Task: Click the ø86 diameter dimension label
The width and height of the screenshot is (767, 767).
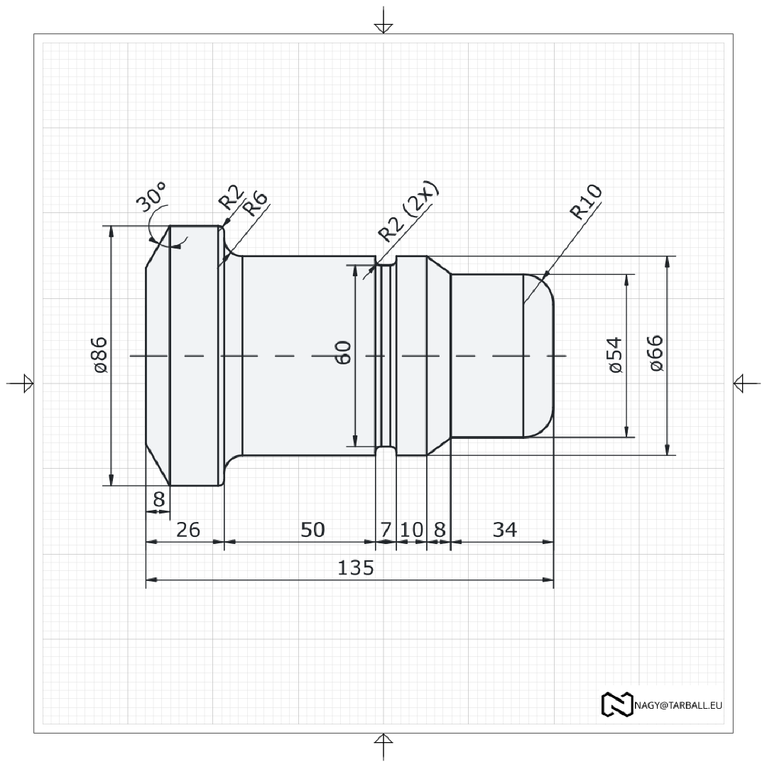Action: (99, 355)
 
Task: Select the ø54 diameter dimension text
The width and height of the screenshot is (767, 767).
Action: (615, 355)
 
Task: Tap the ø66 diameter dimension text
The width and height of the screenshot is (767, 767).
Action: (656, 352)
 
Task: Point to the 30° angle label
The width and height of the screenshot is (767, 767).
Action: (152, 197)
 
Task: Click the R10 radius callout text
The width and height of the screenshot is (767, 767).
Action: (587, 201)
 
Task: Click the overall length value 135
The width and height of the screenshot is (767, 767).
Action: (355, 568)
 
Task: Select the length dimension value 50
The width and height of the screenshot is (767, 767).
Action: (312, 530)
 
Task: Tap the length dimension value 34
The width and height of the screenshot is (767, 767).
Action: (504, 530)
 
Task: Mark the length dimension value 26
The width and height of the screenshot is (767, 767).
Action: (187, 530)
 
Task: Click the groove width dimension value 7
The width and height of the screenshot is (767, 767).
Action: (386, 530)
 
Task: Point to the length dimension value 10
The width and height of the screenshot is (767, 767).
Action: (411, 530)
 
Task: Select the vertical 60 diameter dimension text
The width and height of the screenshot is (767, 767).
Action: (343, 353)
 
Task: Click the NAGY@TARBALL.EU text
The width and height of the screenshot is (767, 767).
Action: (678, 705)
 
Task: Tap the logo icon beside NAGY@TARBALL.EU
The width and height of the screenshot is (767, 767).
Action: (616, 704)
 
